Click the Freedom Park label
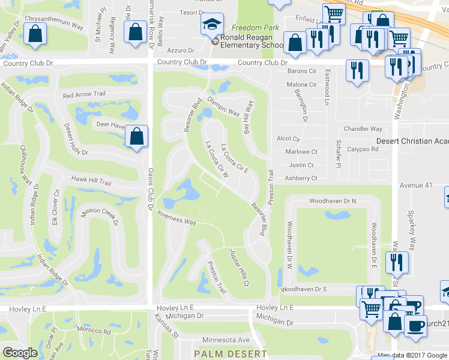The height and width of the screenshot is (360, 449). point(255,28)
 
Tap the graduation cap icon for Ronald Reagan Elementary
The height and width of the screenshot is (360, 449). point(212,25)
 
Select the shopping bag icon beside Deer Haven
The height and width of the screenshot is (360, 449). point(137,136)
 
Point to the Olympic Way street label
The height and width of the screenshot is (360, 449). point(223,106)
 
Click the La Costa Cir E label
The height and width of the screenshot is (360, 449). point(234,158)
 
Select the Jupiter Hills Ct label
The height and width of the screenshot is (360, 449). point(239,268)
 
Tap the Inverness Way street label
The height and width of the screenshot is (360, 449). point(176,218)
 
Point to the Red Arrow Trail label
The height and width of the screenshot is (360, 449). point(84,95)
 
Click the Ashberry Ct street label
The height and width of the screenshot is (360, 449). point(300,178)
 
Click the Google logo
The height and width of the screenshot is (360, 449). point(20,352)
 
